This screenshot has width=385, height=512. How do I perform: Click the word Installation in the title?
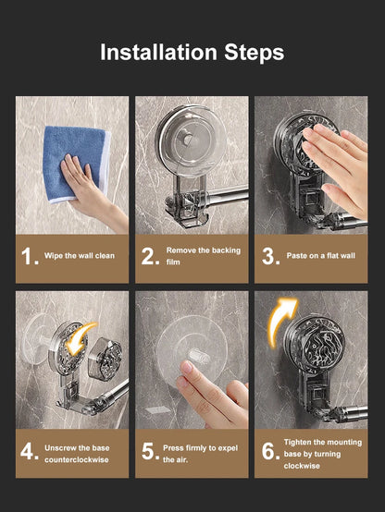(x=158, y=53)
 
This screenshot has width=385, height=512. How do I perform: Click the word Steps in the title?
(x=255, y=54)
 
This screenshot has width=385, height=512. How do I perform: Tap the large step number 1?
(x=29, y=256)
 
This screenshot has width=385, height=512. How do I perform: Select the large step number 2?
(x=150, y=256)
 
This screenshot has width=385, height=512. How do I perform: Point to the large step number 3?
(x=270, y=256)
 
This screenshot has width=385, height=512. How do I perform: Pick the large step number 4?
(x=29, y=451)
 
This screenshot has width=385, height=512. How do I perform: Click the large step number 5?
(x=150, y=451)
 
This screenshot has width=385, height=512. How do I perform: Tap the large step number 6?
(x=270, y=451)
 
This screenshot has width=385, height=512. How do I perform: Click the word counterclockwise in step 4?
(x=77, y=459)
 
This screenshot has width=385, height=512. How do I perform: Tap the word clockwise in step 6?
(x=302, y=466)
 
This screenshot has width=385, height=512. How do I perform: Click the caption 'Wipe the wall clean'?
(x=80, y=256)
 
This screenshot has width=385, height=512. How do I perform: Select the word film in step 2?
(x=173, y=262)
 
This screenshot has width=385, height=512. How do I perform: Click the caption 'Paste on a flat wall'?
(x=320, y=256)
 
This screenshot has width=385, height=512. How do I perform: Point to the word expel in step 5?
(x=228, y=448)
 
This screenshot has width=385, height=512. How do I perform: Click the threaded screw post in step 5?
(x=199, y=357)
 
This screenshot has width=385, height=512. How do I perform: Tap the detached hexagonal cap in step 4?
(x=106, y=358)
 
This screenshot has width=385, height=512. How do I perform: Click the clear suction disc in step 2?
(x=191, y=141)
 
